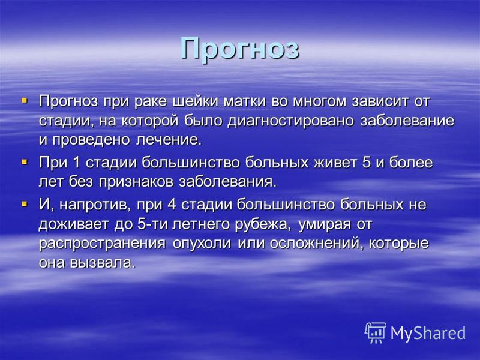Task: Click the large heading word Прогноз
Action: click(x=239, y=49)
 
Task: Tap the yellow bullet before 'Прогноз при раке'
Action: click(x=24, y=100)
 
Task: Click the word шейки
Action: click(x=196, y=101)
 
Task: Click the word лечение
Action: click(x=169, y=140)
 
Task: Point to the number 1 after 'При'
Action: click(x=76, y=163)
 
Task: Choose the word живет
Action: click(x=335, y=163)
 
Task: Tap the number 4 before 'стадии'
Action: click(x=172, y=205)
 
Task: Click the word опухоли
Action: click(x=202, y=244)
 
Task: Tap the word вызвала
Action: click(x=103, y=263)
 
